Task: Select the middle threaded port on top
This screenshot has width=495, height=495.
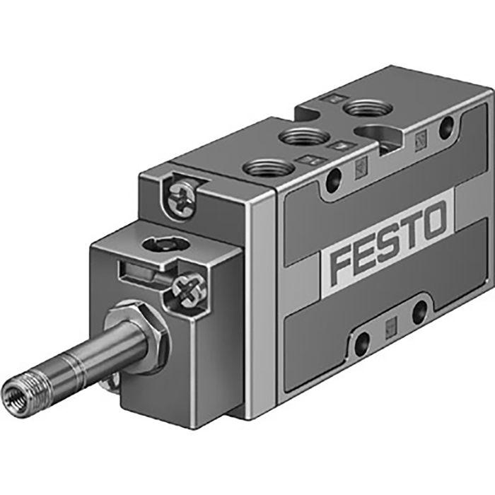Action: pos(305,136)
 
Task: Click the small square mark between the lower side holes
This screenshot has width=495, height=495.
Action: pos(391,326)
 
